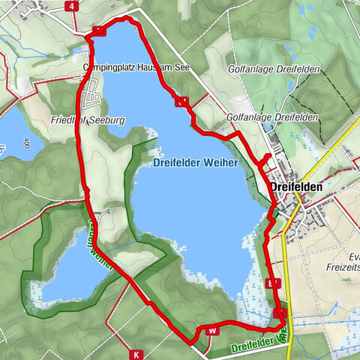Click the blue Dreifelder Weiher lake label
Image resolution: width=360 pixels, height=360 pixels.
tap(195, 163)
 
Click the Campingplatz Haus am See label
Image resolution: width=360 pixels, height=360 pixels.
tap(134, 65)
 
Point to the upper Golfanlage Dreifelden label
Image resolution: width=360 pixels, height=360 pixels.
tap(273, 70)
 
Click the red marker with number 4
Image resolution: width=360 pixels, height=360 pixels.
tap(73, 5)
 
